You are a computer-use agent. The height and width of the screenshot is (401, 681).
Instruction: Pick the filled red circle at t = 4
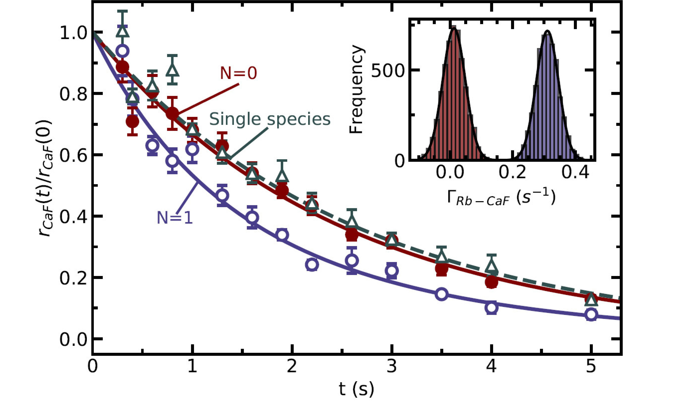pos(491,282)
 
